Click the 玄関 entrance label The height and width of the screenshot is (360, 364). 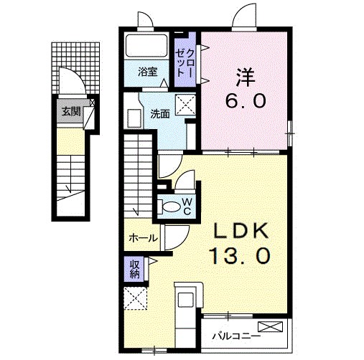pos(71,111)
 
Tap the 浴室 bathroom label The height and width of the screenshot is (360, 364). pos(147,72)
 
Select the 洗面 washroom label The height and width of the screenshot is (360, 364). pos(160,115)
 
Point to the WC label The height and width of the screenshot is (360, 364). pos(187,207)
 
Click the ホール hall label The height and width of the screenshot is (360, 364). pos(144,238)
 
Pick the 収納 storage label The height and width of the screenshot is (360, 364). pos(135,269)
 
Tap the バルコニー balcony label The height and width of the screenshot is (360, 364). pos(236,336)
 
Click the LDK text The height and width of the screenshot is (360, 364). pos(241,231)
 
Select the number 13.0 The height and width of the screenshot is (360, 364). pos(240,255)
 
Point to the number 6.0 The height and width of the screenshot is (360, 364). pos(245,100)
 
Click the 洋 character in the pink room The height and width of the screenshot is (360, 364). pos(246,77)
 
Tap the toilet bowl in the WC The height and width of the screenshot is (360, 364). pos(170,207)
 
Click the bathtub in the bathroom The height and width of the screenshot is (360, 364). pos(146,45)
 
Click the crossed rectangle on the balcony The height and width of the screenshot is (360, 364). pos(270,326)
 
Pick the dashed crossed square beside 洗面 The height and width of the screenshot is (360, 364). pos(186,105)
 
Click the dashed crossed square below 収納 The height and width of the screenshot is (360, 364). pos(135,298)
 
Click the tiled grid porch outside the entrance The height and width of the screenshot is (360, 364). pos(75,68)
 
